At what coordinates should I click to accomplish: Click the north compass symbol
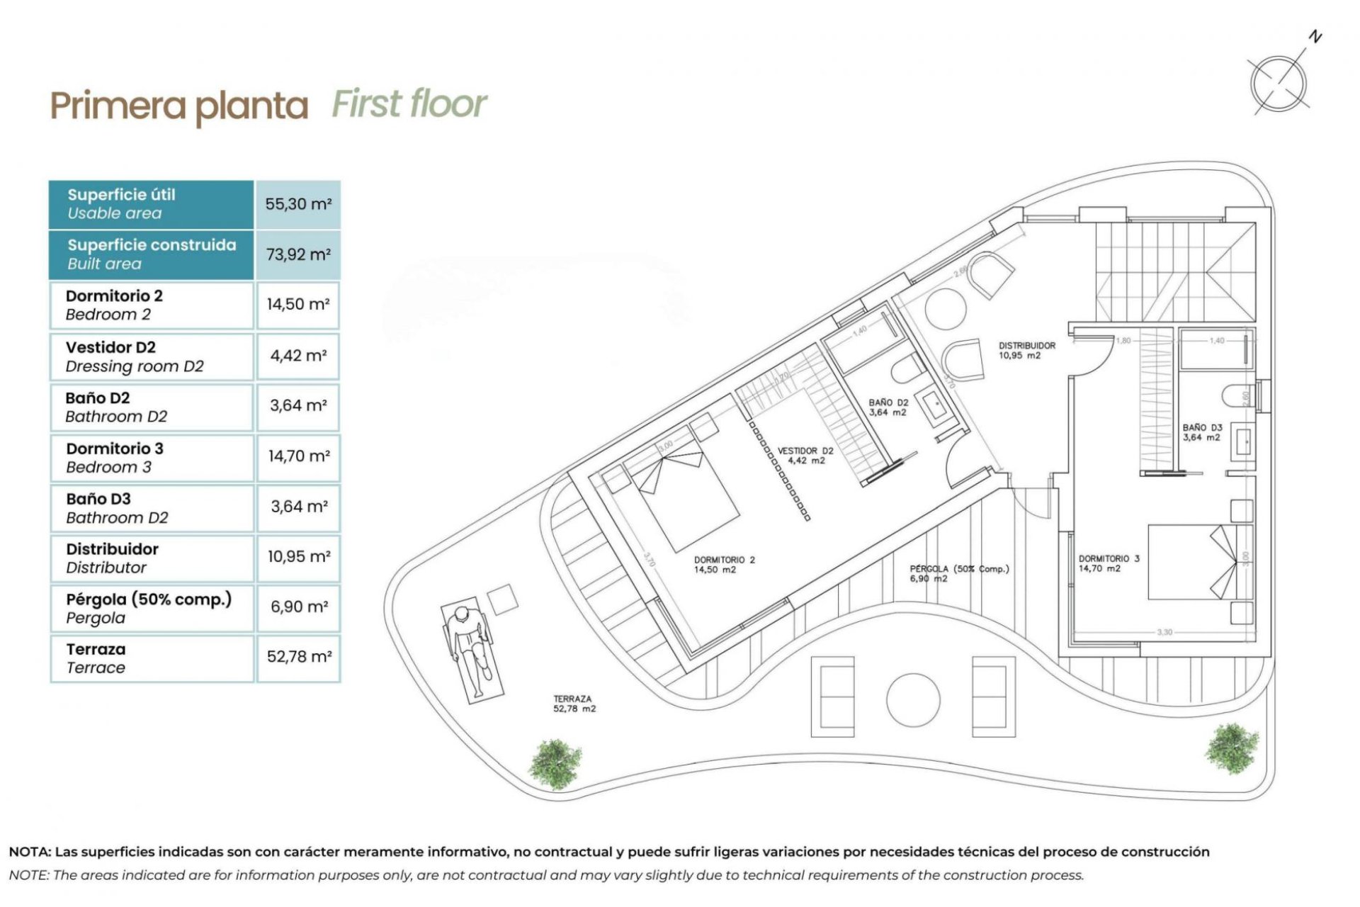coord(1279,83)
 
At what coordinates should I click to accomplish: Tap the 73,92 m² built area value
coord(298,254)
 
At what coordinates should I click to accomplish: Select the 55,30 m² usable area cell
coord(298,204)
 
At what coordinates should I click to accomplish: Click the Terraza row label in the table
coord(96,658)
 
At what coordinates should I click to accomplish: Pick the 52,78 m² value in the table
coord(298,657)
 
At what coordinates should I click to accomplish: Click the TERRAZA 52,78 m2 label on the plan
coord(574,703)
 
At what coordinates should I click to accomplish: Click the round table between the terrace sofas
coord(912,700)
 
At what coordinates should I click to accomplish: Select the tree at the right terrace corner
coord(1232,748)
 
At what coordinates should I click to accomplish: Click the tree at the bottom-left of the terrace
coord(555,764)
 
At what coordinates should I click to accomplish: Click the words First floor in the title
coord(409,104)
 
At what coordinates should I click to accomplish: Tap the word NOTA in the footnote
coord(29,852)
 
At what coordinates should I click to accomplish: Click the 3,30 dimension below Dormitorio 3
coord(1164,631)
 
